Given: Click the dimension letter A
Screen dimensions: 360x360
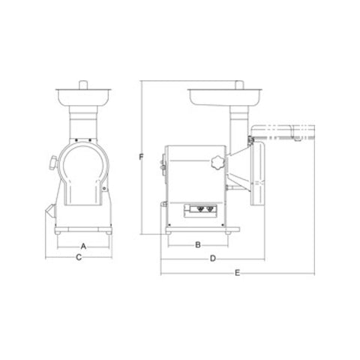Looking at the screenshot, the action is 83,247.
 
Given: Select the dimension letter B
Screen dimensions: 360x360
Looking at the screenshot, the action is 198,244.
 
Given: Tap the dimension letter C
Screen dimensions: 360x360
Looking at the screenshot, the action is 79,257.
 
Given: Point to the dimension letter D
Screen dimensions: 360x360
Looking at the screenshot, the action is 213,259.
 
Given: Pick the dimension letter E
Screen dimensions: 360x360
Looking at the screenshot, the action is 238,273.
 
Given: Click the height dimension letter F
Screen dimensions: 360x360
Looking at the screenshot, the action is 142,157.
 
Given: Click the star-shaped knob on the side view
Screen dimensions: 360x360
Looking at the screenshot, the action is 217,163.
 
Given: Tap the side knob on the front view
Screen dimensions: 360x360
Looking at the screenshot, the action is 54,163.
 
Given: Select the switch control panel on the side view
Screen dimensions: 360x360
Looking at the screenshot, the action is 200,211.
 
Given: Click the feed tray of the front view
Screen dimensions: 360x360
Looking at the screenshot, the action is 83,97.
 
